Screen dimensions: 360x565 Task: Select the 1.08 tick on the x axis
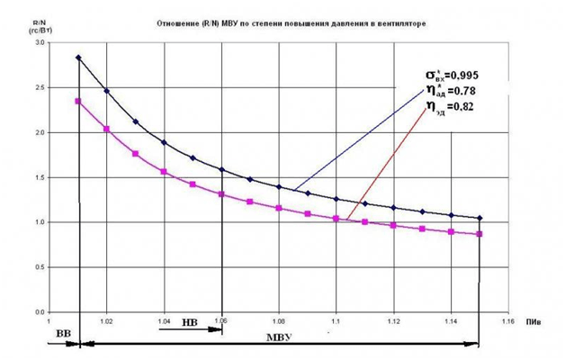point(278,319)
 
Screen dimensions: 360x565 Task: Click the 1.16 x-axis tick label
point(507,319)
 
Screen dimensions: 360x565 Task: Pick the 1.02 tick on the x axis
point(106,319)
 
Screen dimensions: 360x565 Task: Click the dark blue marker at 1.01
point(78,58)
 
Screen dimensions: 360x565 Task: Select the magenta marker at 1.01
point(78,101)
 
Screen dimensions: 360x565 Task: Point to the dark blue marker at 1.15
point(480,218)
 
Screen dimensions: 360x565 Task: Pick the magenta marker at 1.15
point(480,234)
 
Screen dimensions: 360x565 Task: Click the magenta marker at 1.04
point(164,171)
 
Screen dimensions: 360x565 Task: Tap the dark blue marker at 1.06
point(221,169)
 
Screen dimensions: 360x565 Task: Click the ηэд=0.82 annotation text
point(448,106)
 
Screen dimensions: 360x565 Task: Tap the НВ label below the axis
point(189,321)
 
